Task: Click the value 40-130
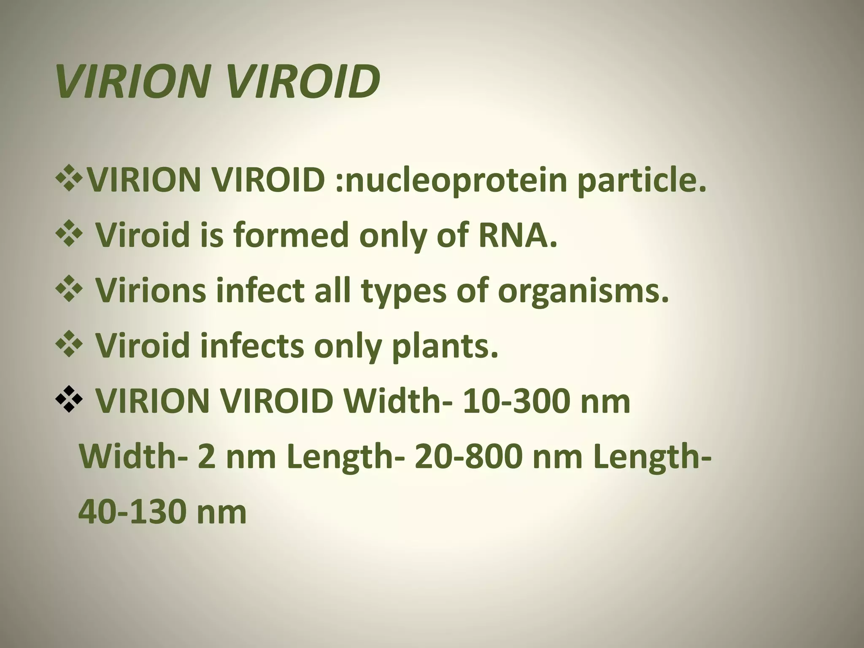point(131,512)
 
